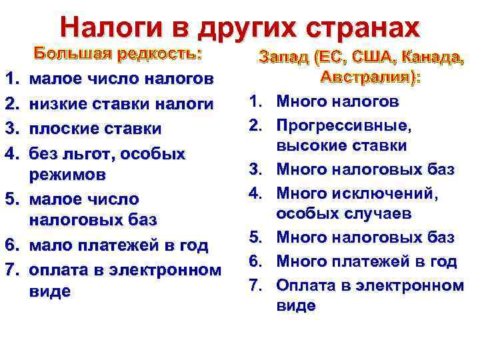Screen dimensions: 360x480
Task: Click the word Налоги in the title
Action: pyautogui.click(x=109, y=27)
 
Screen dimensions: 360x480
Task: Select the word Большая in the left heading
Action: pyautogui.click(x=66, y=55)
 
